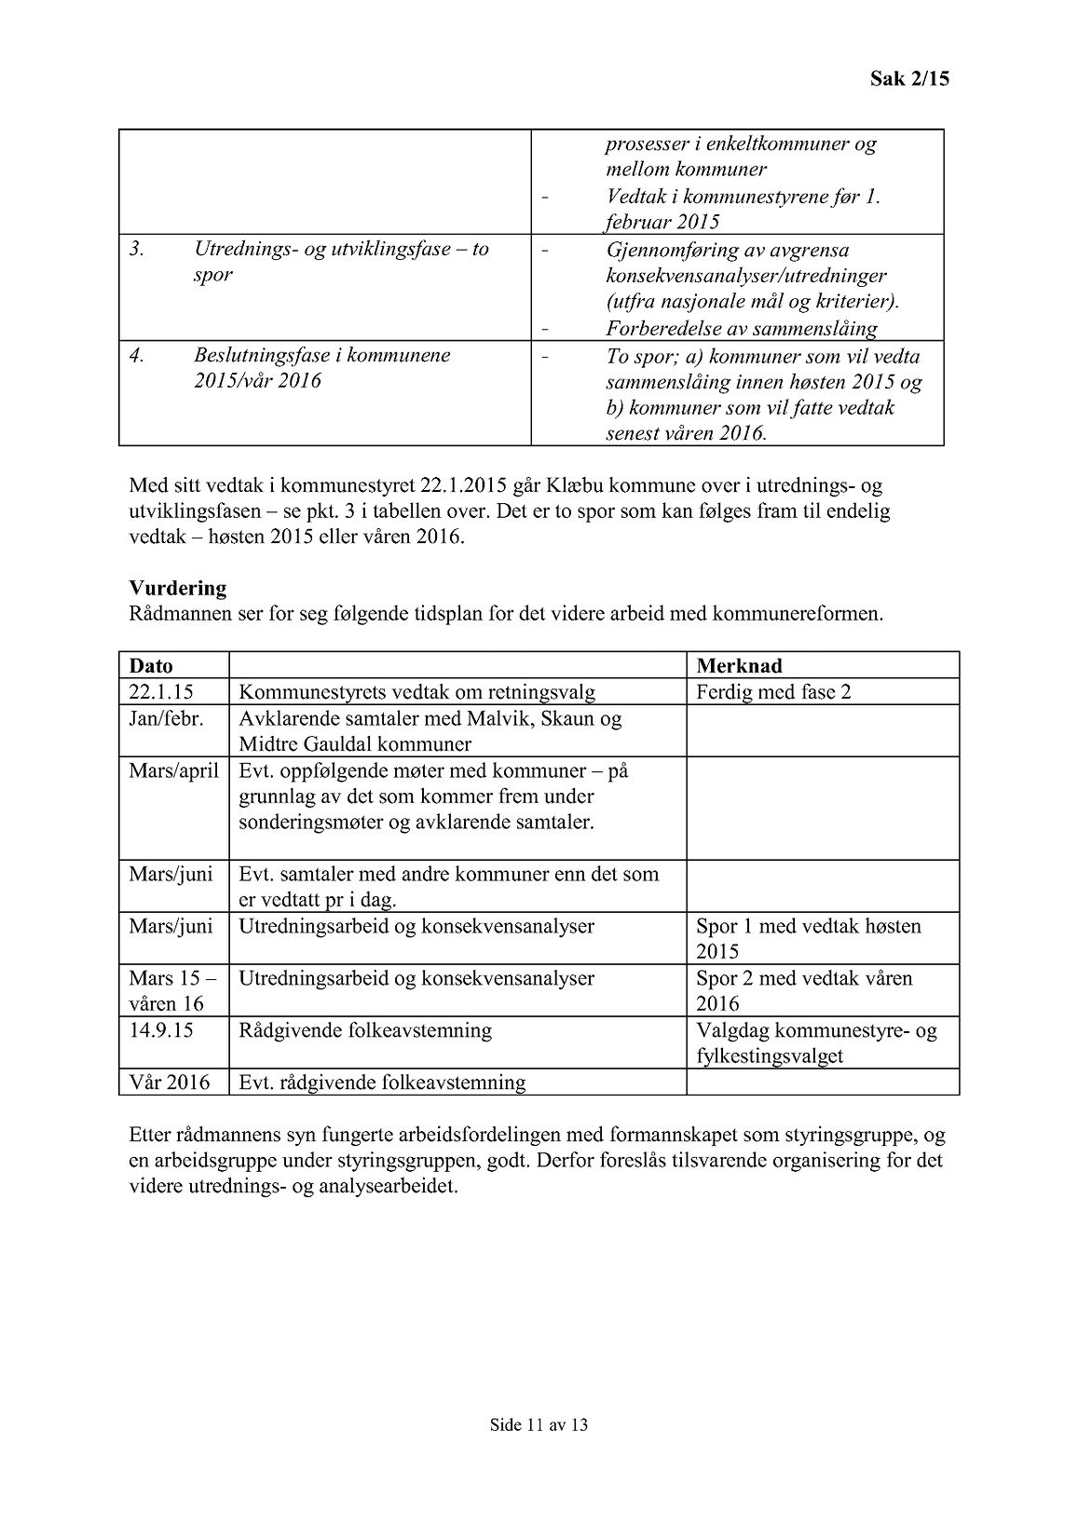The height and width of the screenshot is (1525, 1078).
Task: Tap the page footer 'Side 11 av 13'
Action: [x=539, y=1424]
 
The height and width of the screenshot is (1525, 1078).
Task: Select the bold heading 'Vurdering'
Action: [x=177, y=589]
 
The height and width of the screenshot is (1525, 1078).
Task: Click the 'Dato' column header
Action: [x=151, y=666]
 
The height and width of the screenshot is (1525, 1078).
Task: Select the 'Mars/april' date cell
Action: [x=173, y=771]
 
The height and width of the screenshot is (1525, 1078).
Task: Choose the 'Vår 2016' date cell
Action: [x=170, y=1082]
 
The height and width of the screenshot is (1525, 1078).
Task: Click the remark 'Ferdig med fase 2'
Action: [x=773, y=692]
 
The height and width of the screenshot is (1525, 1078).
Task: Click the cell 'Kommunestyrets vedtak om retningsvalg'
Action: [x=416, y=692]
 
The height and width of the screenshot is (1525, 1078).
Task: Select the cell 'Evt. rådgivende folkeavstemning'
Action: [x=382, y=1082]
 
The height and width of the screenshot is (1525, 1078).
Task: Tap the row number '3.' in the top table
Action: [x=137, y=250]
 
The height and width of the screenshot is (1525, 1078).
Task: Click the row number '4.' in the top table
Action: [x=137, y=356]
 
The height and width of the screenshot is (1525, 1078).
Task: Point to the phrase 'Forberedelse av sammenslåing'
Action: [x=742, y=329]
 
